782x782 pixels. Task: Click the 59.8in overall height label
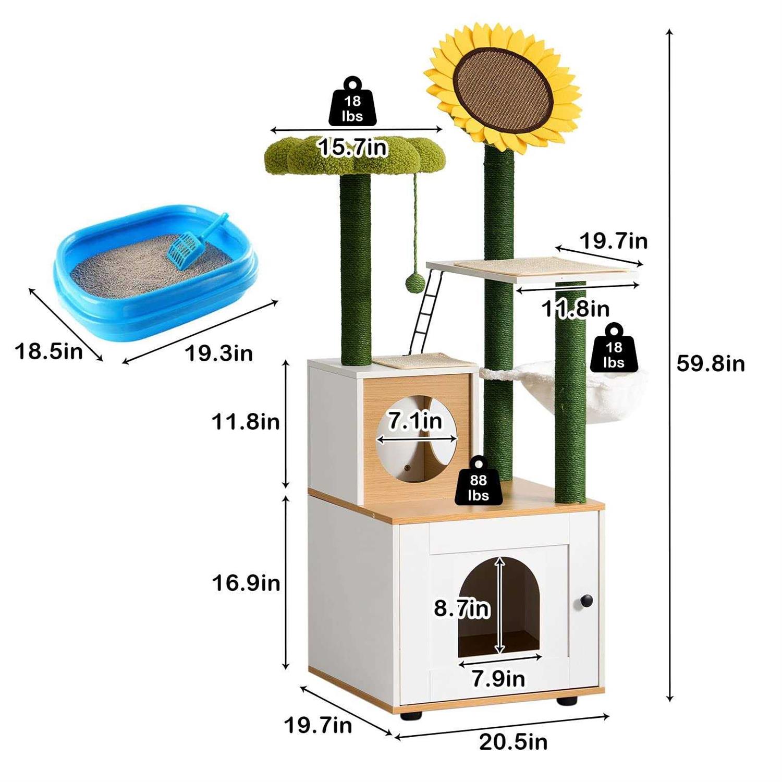710,363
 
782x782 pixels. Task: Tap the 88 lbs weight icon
478,482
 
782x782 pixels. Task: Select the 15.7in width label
353,148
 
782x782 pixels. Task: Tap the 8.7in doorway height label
462,608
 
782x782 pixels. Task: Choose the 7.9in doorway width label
498,679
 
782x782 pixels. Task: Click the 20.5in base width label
513,742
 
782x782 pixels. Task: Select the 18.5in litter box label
48,351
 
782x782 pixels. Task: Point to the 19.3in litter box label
218,353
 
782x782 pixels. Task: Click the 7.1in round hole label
415,421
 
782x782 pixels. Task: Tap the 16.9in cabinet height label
246,582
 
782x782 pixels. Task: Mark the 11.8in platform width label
575,309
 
